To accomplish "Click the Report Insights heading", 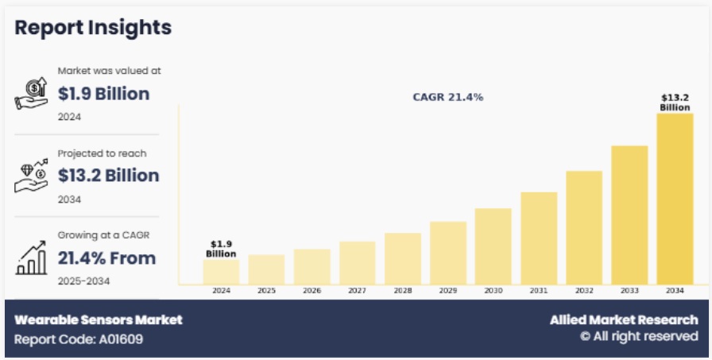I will [93, 27].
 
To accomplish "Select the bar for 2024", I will [221, 271].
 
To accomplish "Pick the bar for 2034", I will [675, 199].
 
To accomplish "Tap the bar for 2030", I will [493, 246].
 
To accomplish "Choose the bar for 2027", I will [357, 262].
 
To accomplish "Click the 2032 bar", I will [584, 227].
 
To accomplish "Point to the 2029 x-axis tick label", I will [447, 291].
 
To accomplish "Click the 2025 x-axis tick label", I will [266, 291].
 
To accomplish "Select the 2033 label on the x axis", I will [629, 291].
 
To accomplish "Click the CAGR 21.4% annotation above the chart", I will [448, 97].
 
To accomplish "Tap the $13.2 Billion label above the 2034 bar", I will [675, 103].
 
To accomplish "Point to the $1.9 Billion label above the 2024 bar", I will [221, 249].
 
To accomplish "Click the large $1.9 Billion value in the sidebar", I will [103, 94].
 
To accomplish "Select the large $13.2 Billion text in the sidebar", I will [108, 175].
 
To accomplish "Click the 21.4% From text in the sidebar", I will [106, 257].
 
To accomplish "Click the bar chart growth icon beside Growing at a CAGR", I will [30, 258].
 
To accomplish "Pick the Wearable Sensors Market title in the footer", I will [99, 319].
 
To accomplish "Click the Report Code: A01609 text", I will [79, 339].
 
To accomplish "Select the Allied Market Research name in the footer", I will [624, 319].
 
